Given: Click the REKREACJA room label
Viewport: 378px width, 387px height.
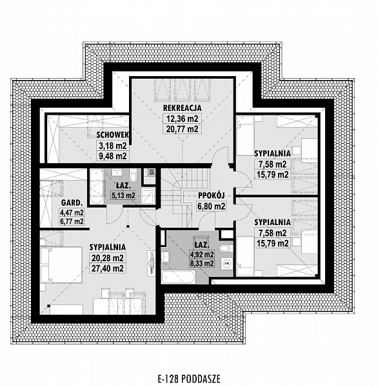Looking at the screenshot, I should (183, 108).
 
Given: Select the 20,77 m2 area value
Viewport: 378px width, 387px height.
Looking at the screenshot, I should (183, 129).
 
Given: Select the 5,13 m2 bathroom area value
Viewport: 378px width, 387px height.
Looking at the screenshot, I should (122, 195).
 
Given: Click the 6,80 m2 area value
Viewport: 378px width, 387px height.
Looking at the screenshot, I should (210, 207).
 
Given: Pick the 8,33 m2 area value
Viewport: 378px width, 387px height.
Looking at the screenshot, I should (199, 263).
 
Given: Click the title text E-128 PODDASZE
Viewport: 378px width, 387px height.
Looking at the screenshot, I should (188, 379).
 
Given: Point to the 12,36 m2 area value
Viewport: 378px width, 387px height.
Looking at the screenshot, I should (183, 119).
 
